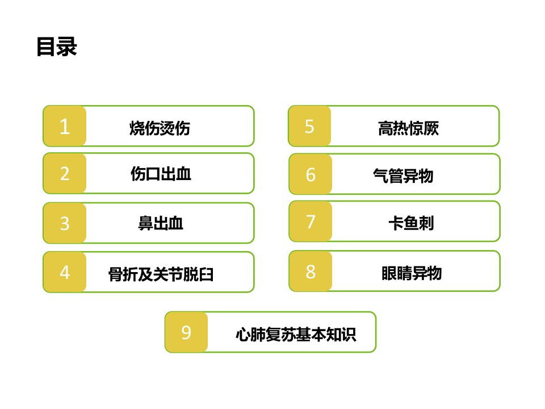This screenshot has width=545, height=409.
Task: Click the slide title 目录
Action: (x=57, y=47)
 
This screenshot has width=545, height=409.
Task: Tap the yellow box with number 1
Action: (x=65, y=126)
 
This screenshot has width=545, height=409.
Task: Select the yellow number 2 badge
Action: (x=65, y=173)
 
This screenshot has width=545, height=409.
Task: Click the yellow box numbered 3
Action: (x=65, y=223)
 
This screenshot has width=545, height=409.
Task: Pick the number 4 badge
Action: (x=65, y=272)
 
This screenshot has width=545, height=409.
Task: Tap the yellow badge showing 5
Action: (x=310, y=126)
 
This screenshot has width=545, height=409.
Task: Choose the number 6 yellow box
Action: (x=311, y=174)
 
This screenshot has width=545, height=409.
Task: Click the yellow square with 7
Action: (x=311, y=221)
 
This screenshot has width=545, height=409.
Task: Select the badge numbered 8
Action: (x=311, y=271)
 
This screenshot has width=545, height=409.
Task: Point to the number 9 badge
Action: (x=186, y=332)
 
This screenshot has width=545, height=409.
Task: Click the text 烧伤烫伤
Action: (x=160, y=128)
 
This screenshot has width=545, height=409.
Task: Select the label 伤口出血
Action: (x=161, y=174)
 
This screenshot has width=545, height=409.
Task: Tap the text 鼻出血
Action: (x=161, y=223)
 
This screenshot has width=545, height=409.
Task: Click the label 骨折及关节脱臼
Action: (x=161, y=274)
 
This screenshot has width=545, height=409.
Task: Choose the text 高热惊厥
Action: (x=408, y=128)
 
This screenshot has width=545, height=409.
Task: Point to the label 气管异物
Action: (x=403, y=176)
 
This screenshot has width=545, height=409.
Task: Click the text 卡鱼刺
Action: (x=411, y=223)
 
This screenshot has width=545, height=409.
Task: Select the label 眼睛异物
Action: (x=412, y=273)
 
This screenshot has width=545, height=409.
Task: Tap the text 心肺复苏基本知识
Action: (x=296, y=335)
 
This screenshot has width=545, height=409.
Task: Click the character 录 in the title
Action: (x=67, y=47)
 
